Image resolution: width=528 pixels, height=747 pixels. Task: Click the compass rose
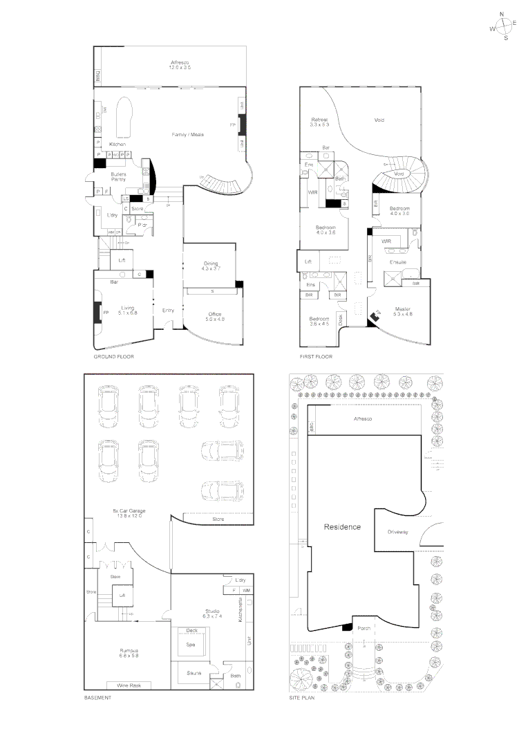[x=506, y=26]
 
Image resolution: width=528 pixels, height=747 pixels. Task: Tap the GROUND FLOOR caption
[x=114, y=357]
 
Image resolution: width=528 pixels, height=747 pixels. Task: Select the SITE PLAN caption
[x=301, y=699]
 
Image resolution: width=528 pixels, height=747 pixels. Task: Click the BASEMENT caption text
[x=97, y=699]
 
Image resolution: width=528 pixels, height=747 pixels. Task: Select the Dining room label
[x=211, y=265]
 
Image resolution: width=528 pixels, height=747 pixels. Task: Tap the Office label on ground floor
[x=215, y=317]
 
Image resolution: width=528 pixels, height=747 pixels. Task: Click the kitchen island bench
[x=125, y=117]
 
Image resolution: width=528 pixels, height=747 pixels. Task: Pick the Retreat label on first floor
[x=319, y=122]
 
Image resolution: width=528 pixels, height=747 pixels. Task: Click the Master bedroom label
[x=404, y=311]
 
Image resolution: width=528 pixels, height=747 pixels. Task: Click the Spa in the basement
[x=190, y=644]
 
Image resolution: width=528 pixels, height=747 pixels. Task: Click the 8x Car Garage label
[x=126, y=513]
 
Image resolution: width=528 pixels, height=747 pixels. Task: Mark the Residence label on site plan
[x=342, y=527]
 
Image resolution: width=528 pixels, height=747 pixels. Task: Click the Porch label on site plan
[x=364, y=628]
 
